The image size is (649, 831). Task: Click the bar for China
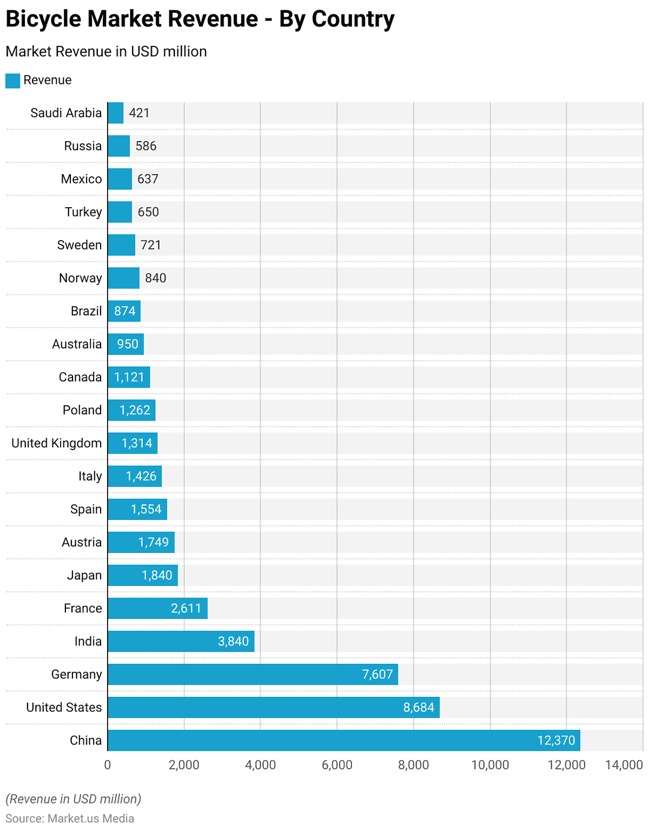(x=343, y=740)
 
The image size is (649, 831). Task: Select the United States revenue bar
(x=273, y=707)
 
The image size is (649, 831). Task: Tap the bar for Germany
(x=253, y=674)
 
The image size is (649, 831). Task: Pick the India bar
(x=181, y=641)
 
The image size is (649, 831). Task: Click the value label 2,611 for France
(x=186, y=608)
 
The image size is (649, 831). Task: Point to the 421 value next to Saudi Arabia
(x=139, y=113)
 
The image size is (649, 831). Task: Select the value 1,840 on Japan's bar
(x=157, y=575)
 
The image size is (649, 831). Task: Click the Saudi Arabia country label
(x=66, y=113)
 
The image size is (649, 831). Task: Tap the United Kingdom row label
(x=57, y=443)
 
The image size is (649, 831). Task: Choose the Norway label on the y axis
(x=80, y=278)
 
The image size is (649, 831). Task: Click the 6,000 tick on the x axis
(x=337, y=764)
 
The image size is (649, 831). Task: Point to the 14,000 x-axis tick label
(x=624, y=764)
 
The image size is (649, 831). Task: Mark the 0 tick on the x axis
(x=108, y=764)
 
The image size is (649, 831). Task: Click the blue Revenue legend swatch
(x=12, y=81)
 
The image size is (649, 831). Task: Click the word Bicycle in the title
(x=43, y=19)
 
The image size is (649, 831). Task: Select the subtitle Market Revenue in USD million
(x=106, y=51)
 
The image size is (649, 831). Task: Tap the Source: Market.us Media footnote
(x=70, y=818)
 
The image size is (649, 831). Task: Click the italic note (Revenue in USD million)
(x=73, y=799)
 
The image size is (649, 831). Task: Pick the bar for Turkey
(x=120, y=212)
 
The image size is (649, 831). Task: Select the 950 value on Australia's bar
(x=128, y=344)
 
